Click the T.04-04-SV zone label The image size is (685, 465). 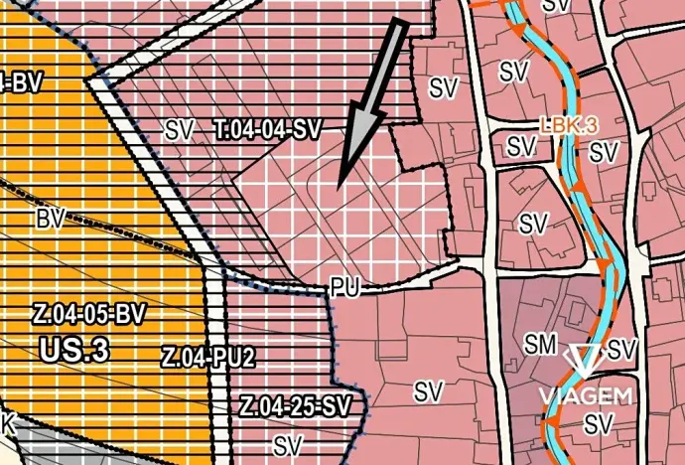269,128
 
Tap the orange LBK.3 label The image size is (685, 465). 569,127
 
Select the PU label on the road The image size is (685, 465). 344,289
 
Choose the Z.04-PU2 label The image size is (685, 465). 208,358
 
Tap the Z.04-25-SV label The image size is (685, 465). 296,405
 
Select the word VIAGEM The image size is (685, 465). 586,396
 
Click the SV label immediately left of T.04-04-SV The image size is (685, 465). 179,128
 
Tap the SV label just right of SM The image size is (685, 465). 621,349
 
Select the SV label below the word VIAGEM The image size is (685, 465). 596,424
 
